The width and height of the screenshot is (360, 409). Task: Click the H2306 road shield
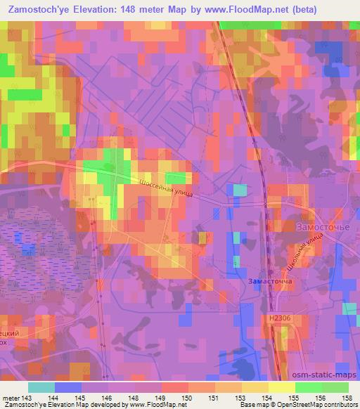[279, 318]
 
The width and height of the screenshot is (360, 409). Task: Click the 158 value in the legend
[348, 397]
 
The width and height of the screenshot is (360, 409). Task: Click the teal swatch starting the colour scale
[41, 387]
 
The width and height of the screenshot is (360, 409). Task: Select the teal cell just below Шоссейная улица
[240, 190]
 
